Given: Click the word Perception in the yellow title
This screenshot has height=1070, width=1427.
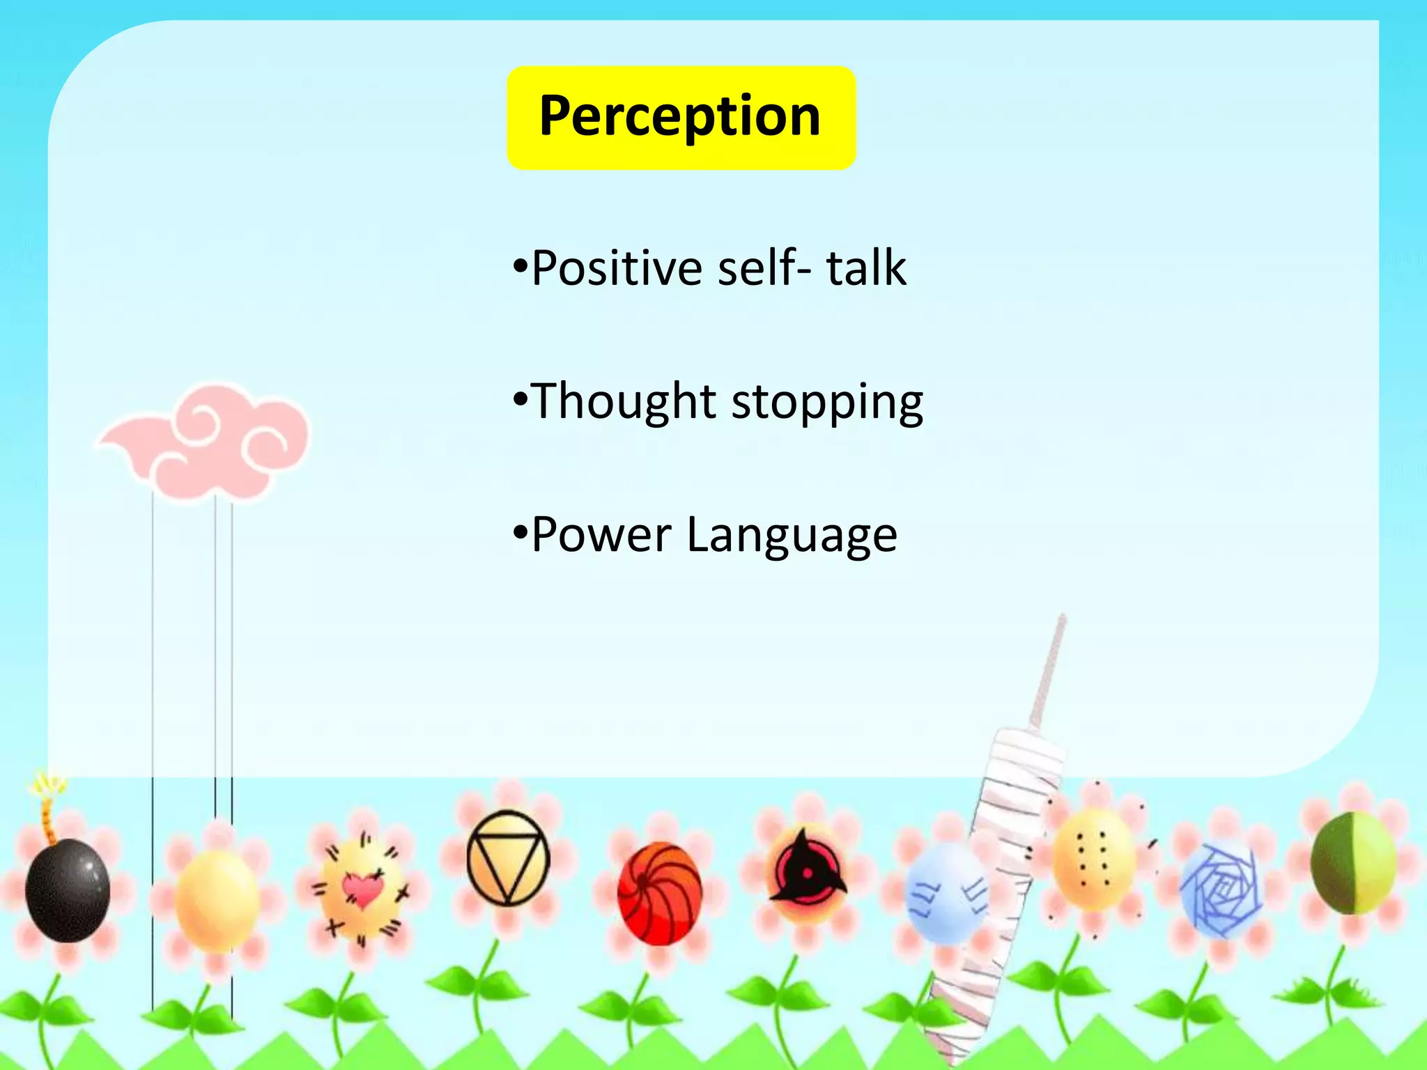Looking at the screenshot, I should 679,116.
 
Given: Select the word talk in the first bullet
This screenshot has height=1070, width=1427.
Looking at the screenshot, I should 865,267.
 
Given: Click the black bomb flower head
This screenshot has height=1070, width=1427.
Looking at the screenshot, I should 68,890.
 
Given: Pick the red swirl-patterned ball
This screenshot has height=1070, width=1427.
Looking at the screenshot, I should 659,893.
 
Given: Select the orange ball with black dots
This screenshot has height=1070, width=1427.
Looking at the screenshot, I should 1093,860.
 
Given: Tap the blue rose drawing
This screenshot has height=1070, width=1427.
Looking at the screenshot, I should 1221,890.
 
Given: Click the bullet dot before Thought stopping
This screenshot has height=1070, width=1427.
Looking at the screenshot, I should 519,400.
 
